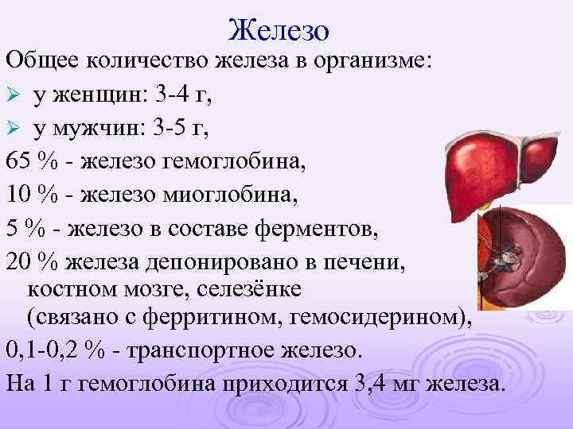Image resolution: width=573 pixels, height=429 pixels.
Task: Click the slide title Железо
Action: pyautogui.click(x=278, y=29)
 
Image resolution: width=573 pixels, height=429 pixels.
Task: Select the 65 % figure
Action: pyautogui.click(x=28, y=162)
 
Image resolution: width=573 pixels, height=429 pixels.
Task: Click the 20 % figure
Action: pyautogui.click(x=28, y=260)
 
